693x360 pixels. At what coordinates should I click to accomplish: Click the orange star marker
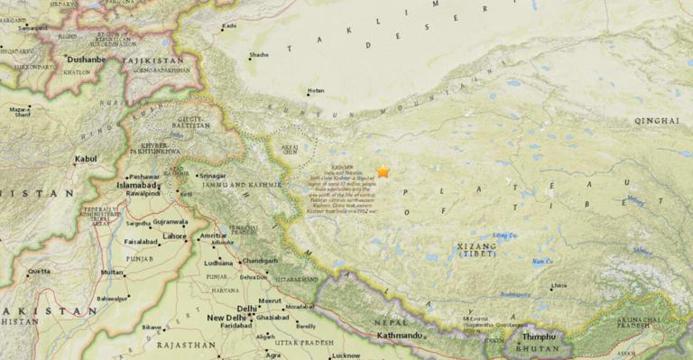[x=383, y=171]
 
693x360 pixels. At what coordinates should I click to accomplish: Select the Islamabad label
[x=136, y=184]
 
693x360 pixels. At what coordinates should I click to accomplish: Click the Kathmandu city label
[x=399, y=336]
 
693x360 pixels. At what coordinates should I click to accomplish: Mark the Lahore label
[x=174, y=236]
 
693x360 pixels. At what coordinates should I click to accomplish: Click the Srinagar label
[x=212, y=176]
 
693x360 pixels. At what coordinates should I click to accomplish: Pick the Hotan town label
[x=316, y=90]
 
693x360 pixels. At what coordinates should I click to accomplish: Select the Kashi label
[x=229, y=26]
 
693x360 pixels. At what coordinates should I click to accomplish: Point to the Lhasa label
[x=559, y=286]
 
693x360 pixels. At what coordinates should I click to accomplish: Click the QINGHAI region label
[x=656, y=120]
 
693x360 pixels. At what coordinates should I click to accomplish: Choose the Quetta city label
[x=39, y=271]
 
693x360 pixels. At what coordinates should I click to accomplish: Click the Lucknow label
[x=346, y=355]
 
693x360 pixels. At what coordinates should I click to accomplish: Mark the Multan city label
[x=112, y=272]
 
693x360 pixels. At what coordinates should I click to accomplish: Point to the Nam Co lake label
[x=541, y=262]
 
